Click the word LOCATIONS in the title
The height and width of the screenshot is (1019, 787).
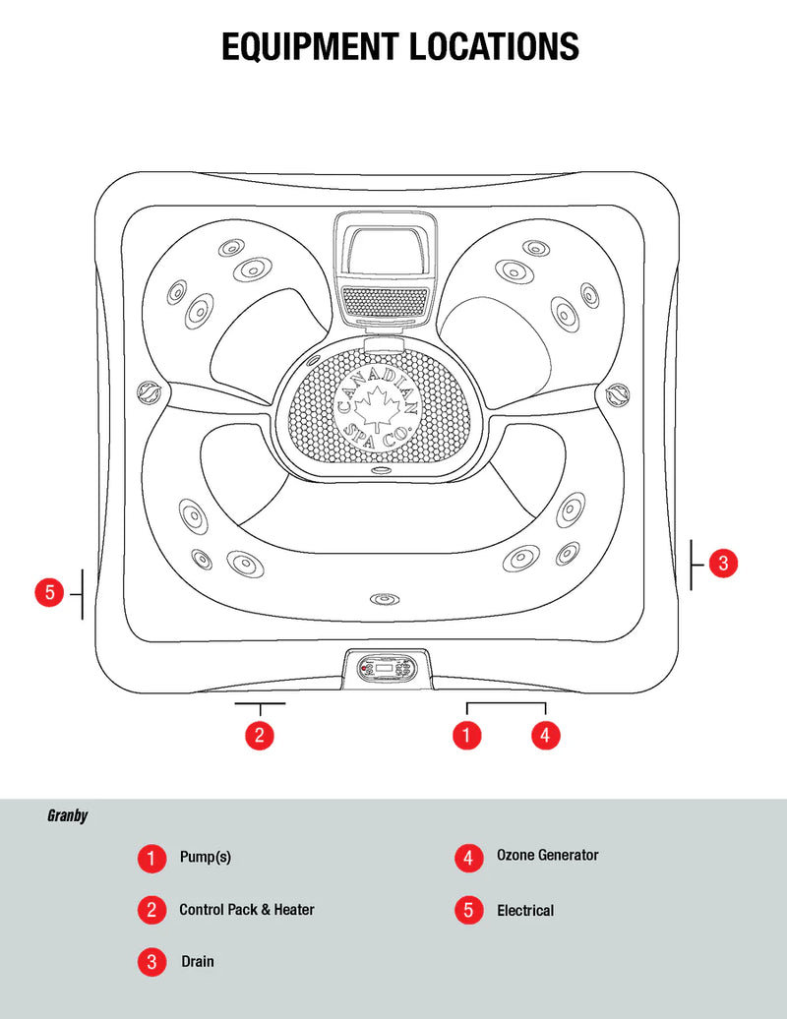coord(485,46)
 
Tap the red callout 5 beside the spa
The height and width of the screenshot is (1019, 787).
coord(49,593)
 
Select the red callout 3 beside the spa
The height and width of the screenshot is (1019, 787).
coord(723,564)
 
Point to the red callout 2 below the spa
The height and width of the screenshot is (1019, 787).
coord(259,734)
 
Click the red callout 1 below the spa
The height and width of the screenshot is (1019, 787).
coord(466,734)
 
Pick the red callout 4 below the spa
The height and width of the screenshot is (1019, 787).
coord(545,734)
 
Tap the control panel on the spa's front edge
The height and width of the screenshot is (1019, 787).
coord(386,668)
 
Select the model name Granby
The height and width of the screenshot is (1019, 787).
coord(67,815)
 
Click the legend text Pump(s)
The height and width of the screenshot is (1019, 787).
coord(205,857)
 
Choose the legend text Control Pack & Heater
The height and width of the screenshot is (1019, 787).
coord(247,910)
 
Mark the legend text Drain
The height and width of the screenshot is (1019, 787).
coord(197,961)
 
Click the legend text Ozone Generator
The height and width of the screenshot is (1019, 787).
coord(547,856)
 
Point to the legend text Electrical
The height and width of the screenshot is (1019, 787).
coord(525,911)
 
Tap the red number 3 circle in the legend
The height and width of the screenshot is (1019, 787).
coord(151,962)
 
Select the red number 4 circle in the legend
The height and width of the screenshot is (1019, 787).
coord(468,858)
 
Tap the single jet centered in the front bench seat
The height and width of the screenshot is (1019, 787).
coord(382,599)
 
